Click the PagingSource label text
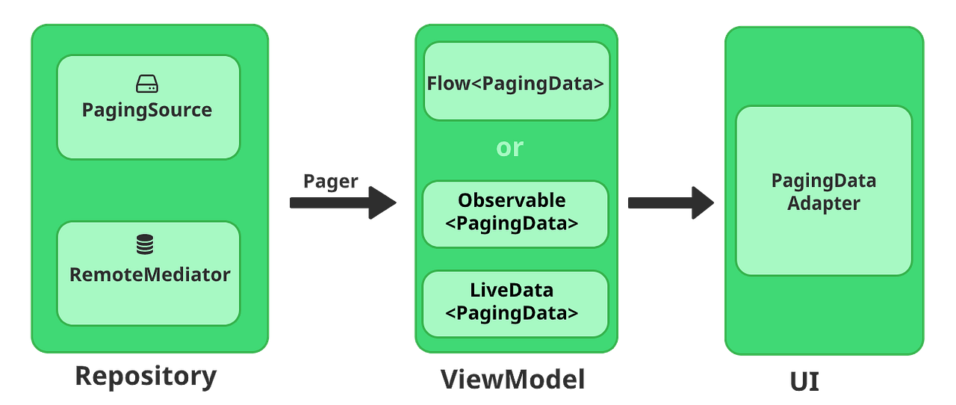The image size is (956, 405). [x=147, y=111]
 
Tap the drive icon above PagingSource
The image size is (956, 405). [x=147, y=84]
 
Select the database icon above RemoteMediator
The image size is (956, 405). [x=145, y=244]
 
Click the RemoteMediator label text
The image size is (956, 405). [x=149, y=275]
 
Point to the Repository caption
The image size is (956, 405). [x=146, y=376]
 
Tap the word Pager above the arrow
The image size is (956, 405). [x=331, y=181]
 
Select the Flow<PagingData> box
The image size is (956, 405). [x=516, y=82]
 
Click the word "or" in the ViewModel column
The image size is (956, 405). [x=510, y=148]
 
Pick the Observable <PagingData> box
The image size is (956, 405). [x=515, y=214]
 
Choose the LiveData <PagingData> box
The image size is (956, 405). [x=515, y=303]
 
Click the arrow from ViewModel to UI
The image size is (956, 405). [x=669, y=202]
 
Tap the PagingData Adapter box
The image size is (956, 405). [x=824, y=191]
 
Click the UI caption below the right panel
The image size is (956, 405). [x=804, y=380]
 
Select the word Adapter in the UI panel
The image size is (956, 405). [x=824, y=203]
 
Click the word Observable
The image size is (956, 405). [x=512, y=201]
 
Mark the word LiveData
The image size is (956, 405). [x=512, y=290]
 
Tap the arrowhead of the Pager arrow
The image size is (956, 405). [x=382, y=202]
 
